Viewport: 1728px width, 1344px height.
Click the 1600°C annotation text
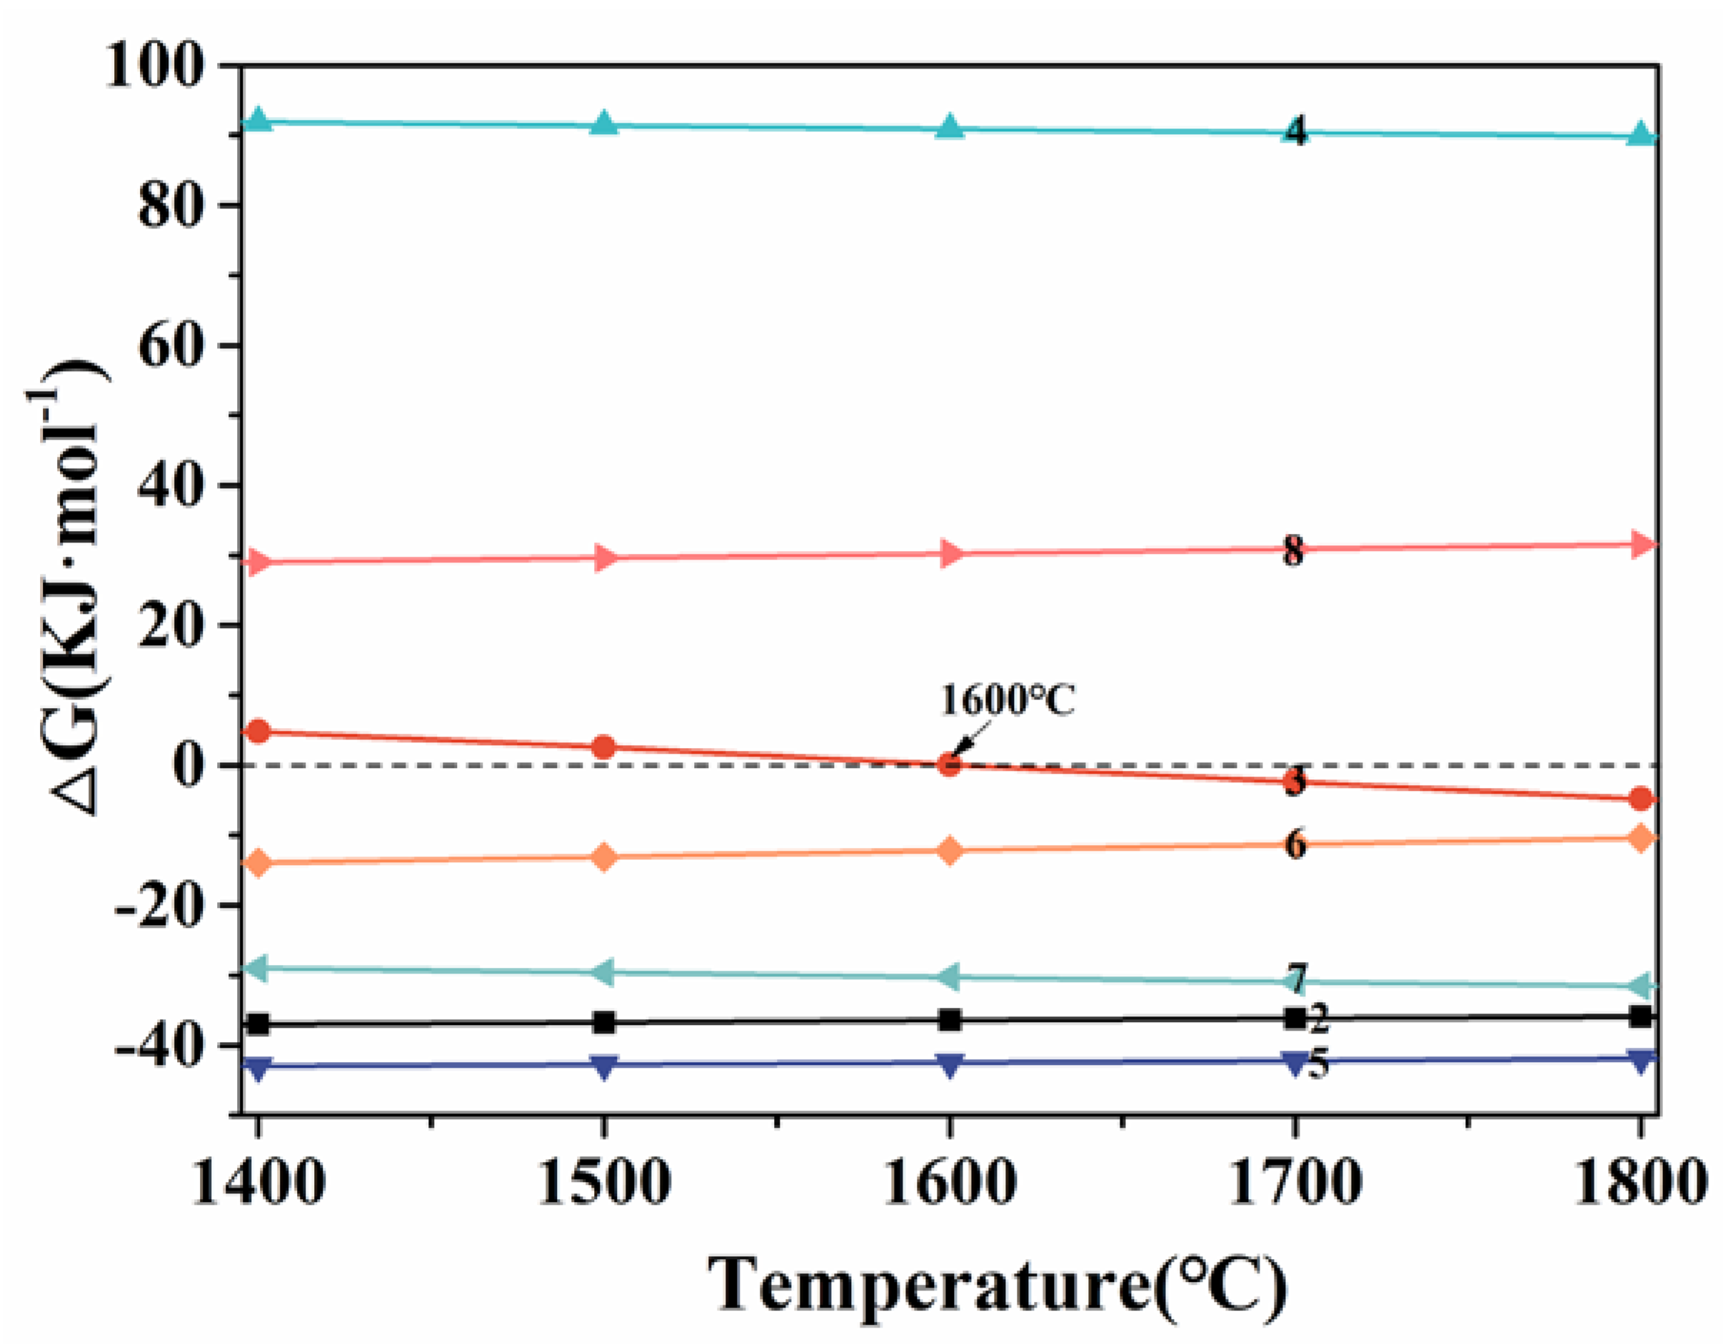(x=1008, y=699)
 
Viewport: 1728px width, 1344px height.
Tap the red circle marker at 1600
(x=950, y=764)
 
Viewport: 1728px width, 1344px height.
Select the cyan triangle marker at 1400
(x=257, y=121)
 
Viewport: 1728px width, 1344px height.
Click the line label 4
(x=1295, y=131)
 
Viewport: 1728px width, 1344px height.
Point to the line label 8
(x=1294, y=550)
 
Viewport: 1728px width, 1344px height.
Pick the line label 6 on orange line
(x=1295, y=844)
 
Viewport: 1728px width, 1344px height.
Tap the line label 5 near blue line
(x=1317, y=1064)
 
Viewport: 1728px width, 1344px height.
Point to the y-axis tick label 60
(x=166, y=345)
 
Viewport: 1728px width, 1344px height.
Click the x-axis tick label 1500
(x=603, y=1183)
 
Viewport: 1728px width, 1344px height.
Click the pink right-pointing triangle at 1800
(x=1642, y=545)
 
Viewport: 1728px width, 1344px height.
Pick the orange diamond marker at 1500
(x=603, y=857)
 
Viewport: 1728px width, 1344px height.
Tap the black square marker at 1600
(x=950, y=1020)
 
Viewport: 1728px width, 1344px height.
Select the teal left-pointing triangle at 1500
(x=602, y=971)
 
